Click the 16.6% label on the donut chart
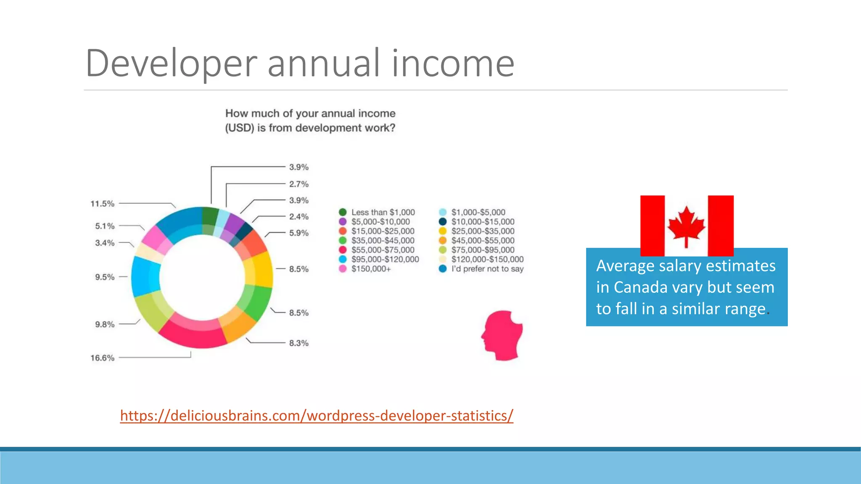pyautogui.click(x=103, y=358)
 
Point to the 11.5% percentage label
pyautogui.click(x=103, y=204)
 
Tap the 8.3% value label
pyautogui.click(x=299, y=343)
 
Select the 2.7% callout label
pyautogui.click(x=299, y=184)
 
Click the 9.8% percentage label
pyautogui.click(x=105, y=324)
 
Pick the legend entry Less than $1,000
pyautogui.click(x=383, y=213)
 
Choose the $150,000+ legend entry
pyautogui.click(x=371, y=269)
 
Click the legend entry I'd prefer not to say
pyautogui.click(x=487, y=269)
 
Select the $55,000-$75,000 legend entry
pyautogui.click(x=383, y=250)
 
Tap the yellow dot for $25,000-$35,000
pyautogui.click(x=443, y=231)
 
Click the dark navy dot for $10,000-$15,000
pyautogui.click(x=443, y=222)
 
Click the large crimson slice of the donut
pyautogui.click(x=193, y=334)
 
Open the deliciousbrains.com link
pyautogui.click(x=317, y=416)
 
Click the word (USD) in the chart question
pyautogui.click(x=240, y=128)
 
